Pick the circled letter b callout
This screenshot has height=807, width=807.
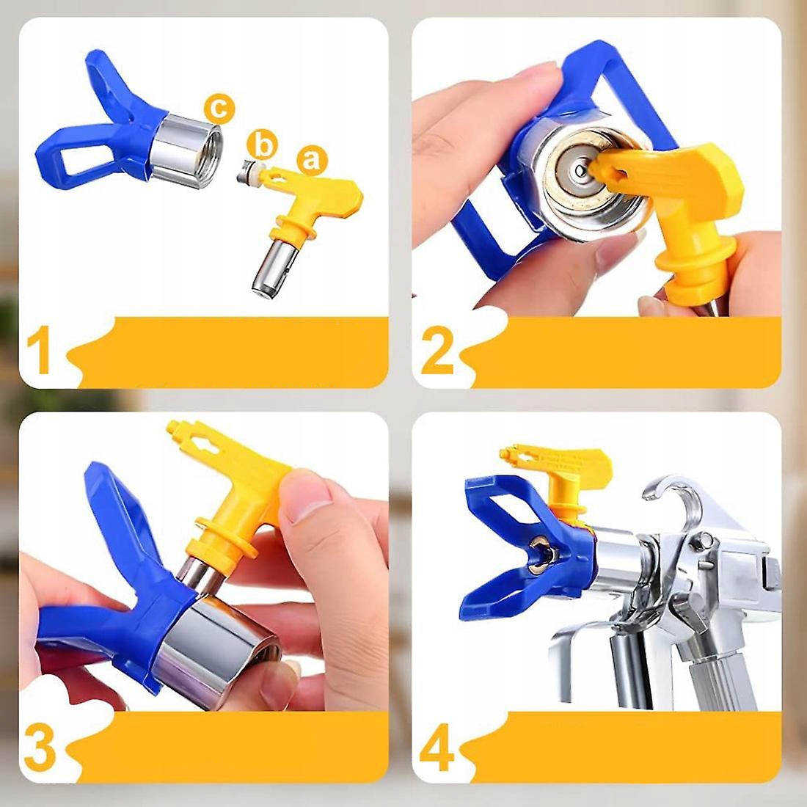[x=262, y=145]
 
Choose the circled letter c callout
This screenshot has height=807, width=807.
[x=219, y=108]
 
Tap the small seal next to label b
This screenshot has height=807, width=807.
[x=249, y=172]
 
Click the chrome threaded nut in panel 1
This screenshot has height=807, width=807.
[x=186, y=148]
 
